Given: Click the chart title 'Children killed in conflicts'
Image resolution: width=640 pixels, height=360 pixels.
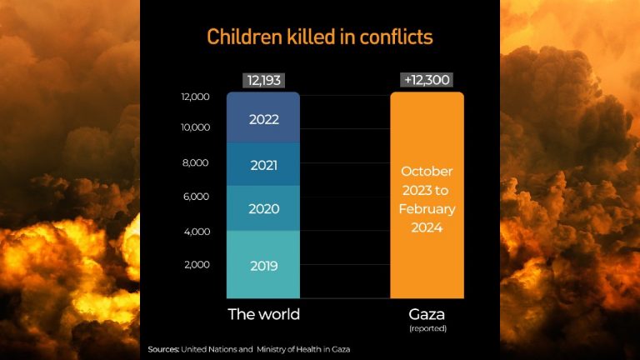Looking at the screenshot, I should click(x=320, y=37).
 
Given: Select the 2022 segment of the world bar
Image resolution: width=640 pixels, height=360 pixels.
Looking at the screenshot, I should click(x=263, y=118).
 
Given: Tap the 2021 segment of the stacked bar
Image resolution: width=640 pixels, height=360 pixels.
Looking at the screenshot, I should click(x=263, y=165).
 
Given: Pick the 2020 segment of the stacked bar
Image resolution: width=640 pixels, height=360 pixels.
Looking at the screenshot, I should click(x=263, y=209).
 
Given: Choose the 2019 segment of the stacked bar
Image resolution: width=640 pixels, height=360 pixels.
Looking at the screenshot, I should click(x=263, y=266).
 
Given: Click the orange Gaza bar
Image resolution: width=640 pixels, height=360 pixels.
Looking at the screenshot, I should click(x=427, y=250).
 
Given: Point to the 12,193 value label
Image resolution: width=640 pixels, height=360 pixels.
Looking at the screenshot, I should click(x=263, y=81).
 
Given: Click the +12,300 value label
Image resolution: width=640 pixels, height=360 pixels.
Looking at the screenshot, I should click(x=427, y=81).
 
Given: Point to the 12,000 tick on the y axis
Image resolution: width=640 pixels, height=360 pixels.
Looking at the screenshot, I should click(x=195, y=97).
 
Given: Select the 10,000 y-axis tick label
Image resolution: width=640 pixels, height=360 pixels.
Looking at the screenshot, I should click(x=195, y=128).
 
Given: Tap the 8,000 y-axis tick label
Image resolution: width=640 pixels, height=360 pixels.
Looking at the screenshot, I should click(x=195, y=162).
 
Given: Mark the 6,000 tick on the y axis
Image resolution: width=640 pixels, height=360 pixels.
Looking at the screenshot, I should click(x=195, y=197).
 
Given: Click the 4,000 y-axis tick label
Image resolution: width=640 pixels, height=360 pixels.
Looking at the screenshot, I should click(x=195, y=231).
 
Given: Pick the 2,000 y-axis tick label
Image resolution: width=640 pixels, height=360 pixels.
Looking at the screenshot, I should click(x=195, y=265).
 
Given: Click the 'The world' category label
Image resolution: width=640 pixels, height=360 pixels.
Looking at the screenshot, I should click(x=263, y=314).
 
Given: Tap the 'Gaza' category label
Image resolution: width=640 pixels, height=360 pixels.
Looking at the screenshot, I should click(x=427, y=314).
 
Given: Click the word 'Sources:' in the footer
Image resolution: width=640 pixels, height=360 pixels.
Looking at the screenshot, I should click(x=163, y=348).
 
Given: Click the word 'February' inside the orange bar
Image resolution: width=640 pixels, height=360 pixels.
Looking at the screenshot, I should click(x=427, y=208).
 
